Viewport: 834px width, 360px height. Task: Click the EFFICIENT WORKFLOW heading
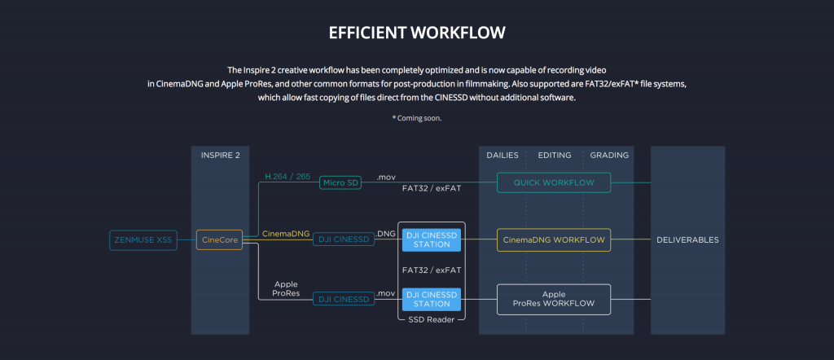[417, 33]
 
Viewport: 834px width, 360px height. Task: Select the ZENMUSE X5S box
[143, 239]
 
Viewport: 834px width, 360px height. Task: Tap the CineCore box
[220, 239]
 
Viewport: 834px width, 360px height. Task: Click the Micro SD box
[340, 183]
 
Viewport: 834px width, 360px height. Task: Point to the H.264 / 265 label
[288, 177]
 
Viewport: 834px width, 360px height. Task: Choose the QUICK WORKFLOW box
[554, 183]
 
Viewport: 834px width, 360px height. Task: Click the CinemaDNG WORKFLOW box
[554, 239]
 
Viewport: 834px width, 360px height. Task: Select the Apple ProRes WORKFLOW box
[554, 299]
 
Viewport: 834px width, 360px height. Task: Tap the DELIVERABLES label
[687, 239]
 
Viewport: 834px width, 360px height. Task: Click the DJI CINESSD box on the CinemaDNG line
[344, 239]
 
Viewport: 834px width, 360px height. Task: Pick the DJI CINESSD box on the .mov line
[344, 300]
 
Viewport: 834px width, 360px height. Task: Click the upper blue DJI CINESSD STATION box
[432, 239]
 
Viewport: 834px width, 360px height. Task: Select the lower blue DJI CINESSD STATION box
[432, 299]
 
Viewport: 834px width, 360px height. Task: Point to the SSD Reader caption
[432, 319]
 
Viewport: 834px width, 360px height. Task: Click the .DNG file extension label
[385, 234]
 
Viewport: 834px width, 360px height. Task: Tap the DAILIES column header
[503, 156]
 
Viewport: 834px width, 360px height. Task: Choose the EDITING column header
[555, 156]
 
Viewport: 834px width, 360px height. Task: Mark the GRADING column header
[609, 156]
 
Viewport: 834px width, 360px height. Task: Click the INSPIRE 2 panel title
[220, 156]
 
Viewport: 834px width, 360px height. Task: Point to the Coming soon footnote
[417, 118]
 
